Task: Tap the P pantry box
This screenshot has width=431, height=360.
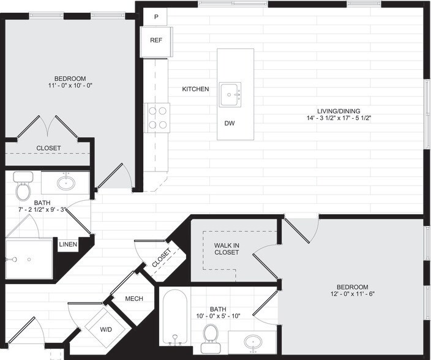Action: click(156, 17)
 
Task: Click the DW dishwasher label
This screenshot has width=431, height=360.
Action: click(230, 124)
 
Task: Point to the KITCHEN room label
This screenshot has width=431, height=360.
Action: click(195, 89)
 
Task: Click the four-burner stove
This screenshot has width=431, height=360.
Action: click(157, 118)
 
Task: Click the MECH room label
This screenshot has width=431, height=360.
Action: click(134, 299)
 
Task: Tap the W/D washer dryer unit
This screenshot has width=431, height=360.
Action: click(105, 329)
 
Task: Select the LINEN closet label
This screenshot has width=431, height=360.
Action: click(68, 244)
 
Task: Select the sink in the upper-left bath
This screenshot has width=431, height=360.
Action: click(65, 182)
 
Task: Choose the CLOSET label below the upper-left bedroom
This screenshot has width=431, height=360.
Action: click(48, 148)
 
